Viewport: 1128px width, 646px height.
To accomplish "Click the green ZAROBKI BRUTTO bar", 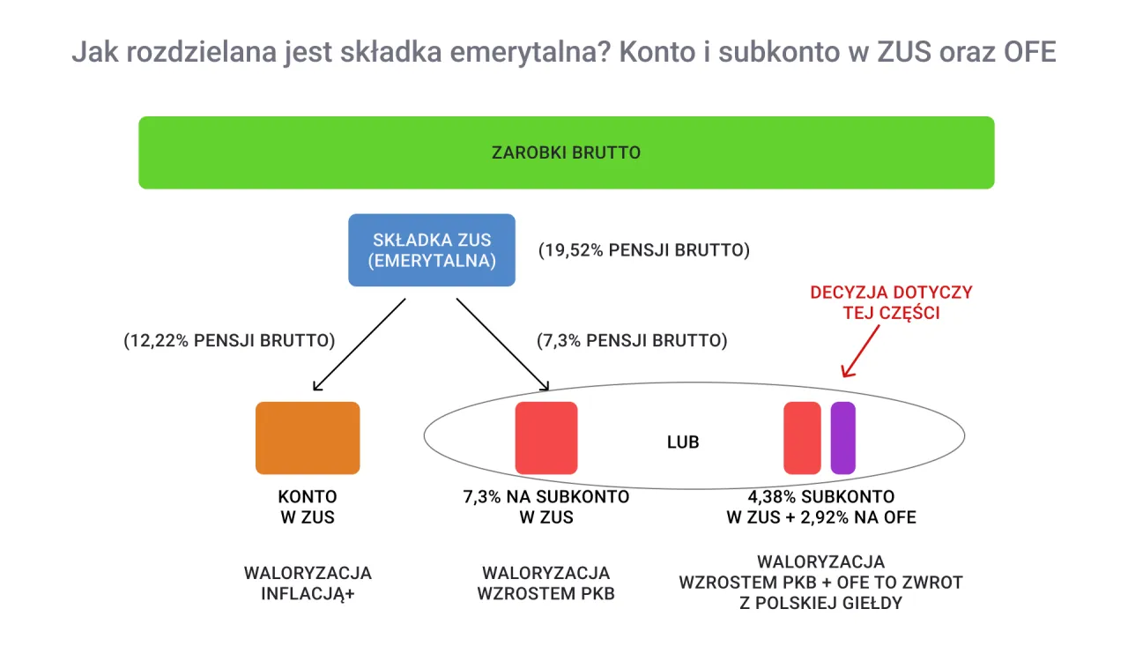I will coord(566,152).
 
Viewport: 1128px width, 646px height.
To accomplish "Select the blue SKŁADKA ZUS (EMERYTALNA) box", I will coord(432,250).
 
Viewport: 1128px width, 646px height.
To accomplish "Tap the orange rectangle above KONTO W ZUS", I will coord(308,438).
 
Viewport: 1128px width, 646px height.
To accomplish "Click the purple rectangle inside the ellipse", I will coord(842,438).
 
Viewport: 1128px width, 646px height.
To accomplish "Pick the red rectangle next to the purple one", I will coord(802,438).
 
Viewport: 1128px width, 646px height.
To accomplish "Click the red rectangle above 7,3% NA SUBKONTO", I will coord(546,438).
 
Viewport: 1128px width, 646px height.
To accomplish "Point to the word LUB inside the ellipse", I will coord(683,442).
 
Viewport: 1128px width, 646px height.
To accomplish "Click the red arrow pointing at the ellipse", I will coord(861,351).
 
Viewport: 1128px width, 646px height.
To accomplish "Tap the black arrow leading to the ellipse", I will coord(502,345).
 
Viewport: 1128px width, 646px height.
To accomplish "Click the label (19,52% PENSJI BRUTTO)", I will coord(644,250).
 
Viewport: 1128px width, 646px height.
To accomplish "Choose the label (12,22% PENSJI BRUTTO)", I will coord(229,340).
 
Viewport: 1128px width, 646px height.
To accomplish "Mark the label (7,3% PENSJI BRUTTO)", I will coord(632,340).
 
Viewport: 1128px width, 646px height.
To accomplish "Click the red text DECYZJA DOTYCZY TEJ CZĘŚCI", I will coord(891,302).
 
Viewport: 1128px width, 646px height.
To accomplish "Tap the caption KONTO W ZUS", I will coord(308,507).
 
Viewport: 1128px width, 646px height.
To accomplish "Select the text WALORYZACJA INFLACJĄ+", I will coord(308,583).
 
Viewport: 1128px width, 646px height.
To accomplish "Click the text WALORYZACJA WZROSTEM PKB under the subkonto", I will coord(546,583).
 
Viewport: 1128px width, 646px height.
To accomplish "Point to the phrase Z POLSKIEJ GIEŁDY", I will coord(820,604).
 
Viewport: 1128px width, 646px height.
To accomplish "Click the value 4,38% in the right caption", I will coord(772,496).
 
